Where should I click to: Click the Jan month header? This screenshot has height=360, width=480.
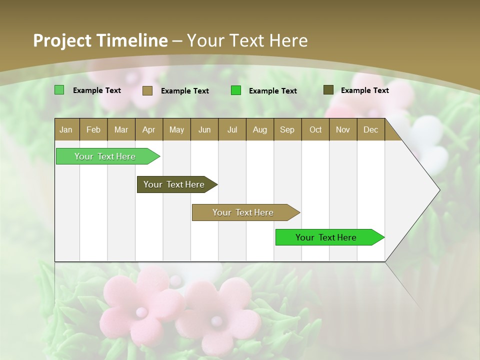pos(66,129)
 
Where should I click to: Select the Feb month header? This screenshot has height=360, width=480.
pos(93,129)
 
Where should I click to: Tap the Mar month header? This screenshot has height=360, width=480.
pos(121,129)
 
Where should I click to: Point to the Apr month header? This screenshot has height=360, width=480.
pos(149,129)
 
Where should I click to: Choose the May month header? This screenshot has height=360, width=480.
pos(176,129)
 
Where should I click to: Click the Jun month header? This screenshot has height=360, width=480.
pos(204,129)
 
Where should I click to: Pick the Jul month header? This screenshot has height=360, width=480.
pos(232,129)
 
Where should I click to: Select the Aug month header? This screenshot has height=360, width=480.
pos(260,129)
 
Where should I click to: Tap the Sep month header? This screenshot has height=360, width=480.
pos(287,129)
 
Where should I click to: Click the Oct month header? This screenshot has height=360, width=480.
pos(315,129)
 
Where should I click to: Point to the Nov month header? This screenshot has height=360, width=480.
pos(343,129)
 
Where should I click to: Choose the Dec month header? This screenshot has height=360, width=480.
pos(371,129)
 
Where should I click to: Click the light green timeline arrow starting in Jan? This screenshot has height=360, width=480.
pos(105,156)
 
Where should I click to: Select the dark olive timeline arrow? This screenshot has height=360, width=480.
pos(174,184)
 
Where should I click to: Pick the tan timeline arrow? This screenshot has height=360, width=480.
pos(243,212)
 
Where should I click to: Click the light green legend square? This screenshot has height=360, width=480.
pos(59,90)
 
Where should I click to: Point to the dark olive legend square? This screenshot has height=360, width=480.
pos(328,90)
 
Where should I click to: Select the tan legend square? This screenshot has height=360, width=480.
pos(147,90)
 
